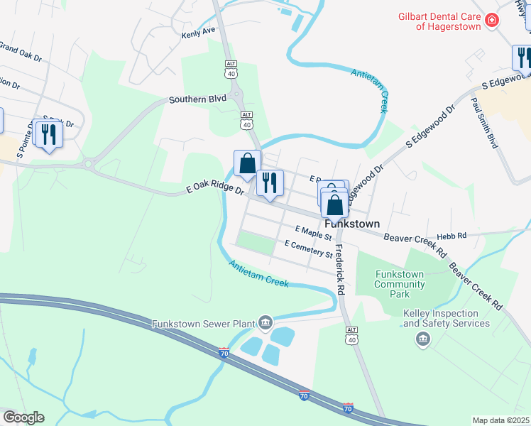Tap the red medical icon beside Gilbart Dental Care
(491, 21)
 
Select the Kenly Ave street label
(197, 33)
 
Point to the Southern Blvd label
(197, 100)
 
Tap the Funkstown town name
(359, 222)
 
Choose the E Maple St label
(314, 231)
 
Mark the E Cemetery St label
(308, 249)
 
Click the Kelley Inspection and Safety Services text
(447, 318)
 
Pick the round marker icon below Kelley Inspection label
(423, 340)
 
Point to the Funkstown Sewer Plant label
(203, 324)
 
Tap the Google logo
(23, 417)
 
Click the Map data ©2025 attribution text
(500, 420)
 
